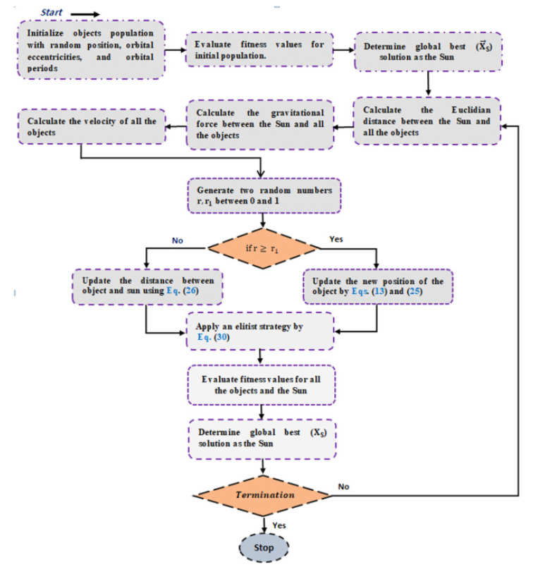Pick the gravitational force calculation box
click(260, 124)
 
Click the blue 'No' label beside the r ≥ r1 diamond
click(179, 240)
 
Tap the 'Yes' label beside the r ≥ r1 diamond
click(338, 240)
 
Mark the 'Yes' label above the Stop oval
click(279, 525)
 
